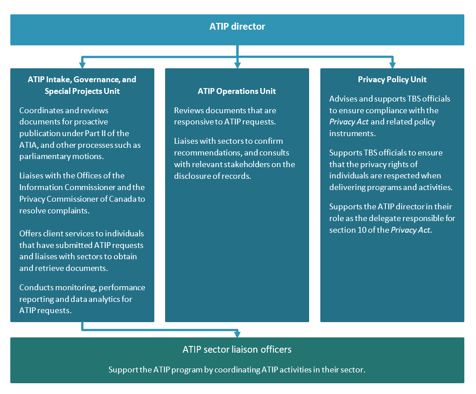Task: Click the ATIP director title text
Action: point(237,27)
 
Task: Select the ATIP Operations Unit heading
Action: point(237,91)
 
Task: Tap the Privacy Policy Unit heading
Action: point(392,80)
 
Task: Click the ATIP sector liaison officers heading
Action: point(237,349)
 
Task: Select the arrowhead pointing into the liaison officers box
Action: point(237,334)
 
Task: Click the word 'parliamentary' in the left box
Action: point(42,156)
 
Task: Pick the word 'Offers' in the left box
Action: point(31,233)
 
